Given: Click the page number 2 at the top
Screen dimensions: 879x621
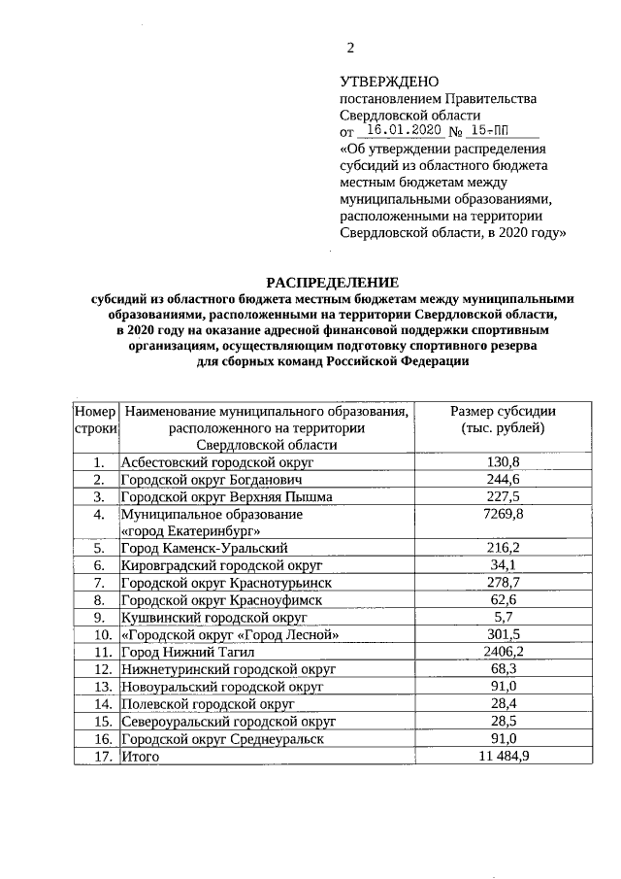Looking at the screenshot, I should pos(351,48).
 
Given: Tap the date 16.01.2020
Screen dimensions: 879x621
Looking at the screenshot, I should pos(400,131).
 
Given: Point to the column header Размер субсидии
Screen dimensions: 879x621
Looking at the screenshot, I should pos(503,411).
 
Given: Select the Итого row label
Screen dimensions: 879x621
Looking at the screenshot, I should pos(139,755).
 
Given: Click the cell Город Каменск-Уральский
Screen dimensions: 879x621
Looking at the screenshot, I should pos(205,548).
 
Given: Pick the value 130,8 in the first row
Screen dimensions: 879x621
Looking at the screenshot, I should pos(503,461).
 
